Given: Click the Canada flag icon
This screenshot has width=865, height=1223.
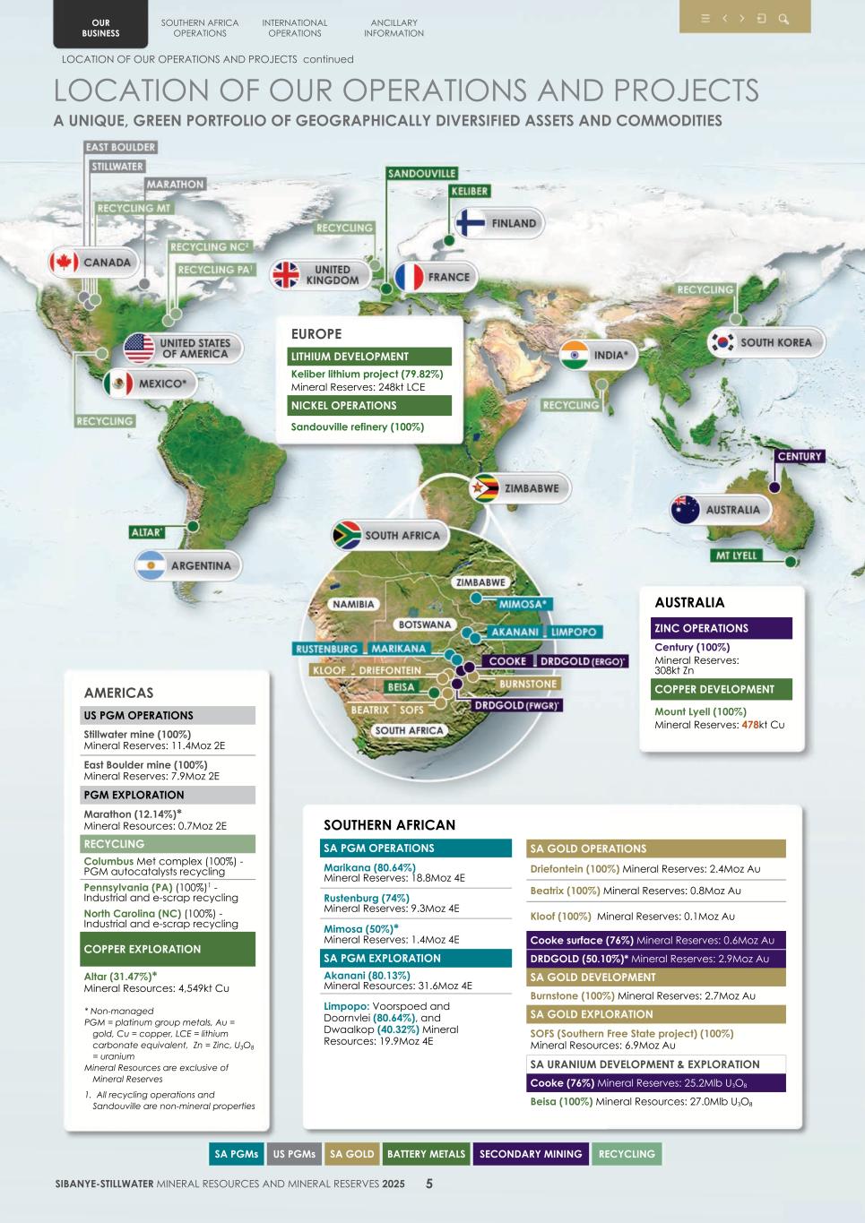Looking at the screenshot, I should pyautogui.click(x=64, y=263).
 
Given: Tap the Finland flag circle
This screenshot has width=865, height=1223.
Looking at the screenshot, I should pyautogui.click(x=471, y=223).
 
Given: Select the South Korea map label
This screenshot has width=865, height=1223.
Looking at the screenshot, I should pyautogui.click(x=775, y=342).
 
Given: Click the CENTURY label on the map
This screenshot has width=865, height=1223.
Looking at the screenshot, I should pyautogui.click(x=800, y=456).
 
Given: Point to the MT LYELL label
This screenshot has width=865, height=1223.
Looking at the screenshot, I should pyautogui.click(x=736, y=556).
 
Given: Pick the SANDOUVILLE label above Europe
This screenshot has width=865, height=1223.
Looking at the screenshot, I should pyautogui.click(x=422, y=173).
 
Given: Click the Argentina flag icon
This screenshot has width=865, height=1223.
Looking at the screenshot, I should pyautogui.click(x=151, y=565).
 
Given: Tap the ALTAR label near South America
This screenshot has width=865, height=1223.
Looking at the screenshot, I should pyautogui.click(x=147, y=532).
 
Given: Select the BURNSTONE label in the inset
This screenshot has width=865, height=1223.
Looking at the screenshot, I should pyautogui.click(x=529, y=684).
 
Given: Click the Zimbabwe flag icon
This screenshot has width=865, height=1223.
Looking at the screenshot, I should pyautogui.click(x=486, y=488).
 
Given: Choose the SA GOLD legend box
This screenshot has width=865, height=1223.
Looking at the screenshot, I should pyautogui.click(x=351, y=1154).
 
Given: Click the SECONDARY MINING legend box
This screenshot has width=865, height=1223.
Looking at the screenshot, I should pyautogui.click(x=531, y=1154).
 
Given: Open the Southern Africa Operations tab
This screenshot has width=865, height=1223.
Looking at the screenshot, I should pyautogui.click(x=200, y=28).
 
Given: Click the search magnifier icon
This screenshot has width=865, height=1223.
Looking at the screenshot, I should pyautogui.click(x=783, y=19).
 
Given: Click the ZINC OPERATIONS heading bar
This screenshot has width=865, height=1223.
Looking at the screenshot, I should pyautogui.click(x=722, y=628).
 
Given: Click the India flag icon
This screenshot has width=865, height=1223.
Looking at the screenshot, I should pyautogui.click(x=575, y=355).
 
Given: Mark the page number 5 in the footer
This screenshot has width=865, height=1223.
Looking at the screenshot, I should pyautogui.click(x=429, y=1184).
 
